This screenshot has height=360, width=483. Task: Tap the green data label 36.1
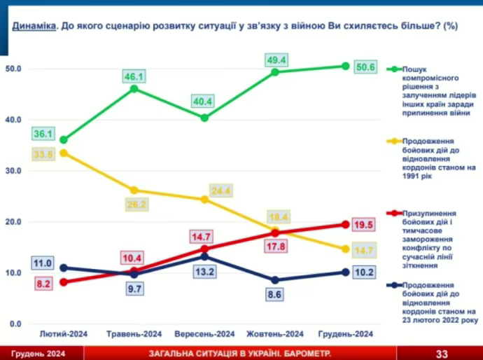point(43,133)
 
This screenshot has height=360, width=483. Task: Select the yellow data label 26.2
point(136,205)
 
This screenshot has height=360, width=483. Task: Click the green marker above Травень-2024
point(134,89)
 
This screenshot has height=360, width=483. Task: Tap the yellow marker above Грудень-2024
point(345,249)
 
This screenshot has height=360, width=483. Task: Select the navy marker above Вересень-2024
point(204,256)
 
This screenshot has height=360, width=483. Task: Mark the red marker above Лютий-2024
point(64,282)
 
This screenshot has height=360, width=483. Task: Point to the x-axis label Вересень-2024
point(204,334)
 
